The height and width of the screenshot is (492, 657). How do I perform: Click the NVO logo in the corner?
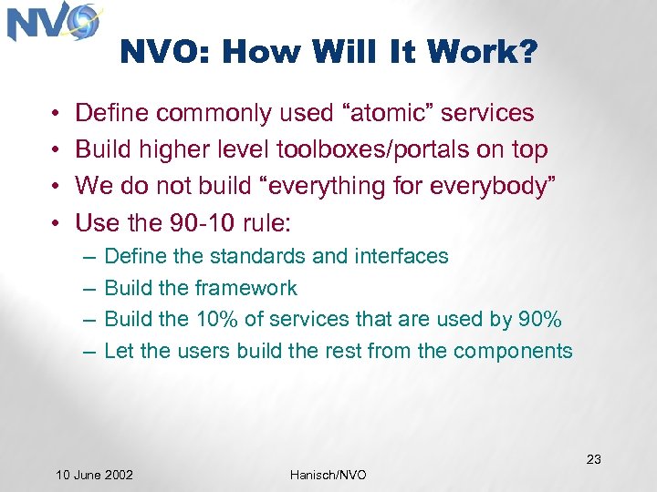click(x=53, y=23)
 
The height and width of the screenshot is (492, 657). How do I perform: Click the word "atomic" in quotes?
click(x=391, y=113)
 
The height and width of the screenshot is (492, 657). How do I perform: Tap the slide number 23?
click(x=593, y=459)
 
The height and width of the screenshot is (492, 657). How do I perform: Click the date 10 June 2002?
click(x=94, y=475)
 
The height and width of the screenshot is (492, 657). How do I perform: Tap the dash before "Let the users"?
click(x=89, y=352)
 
